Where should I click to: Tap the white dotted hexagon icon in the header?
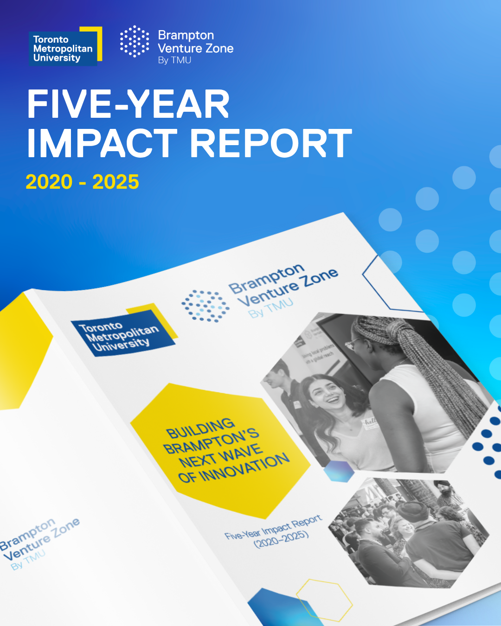tap(135, 41)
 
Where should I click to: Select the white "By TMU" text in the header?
tap(174, 60)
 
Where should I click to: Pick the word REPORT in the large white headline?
tap(271, 144)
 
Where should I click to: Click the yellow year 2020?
tap(49, 182)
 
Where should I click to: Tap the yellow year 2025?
tap(116, 182)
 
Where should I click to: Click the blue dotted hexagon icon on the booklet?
tap(205, 306)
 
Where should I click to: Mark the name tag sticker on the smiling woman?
tap(370, 423)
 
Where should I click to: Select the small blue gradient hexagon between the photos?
tap(338, 471)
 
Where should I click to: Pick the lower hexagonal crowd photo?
tap(408, 533)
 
